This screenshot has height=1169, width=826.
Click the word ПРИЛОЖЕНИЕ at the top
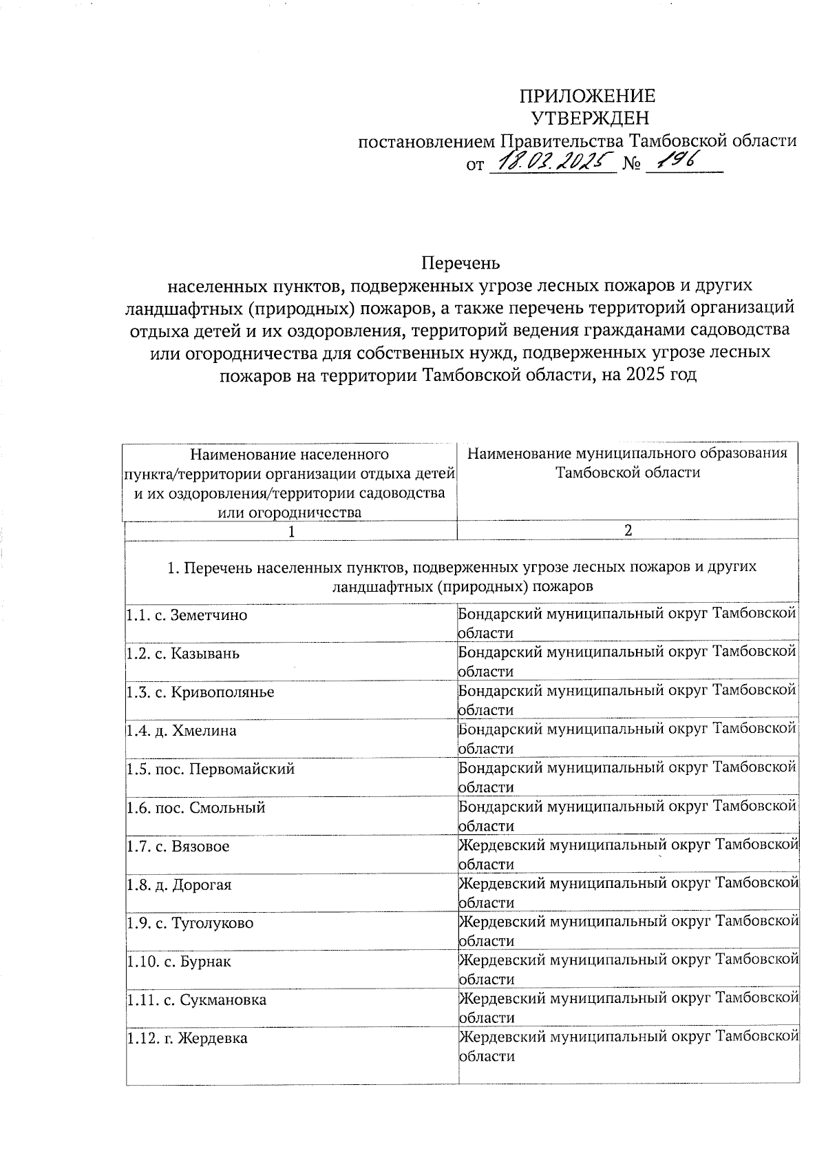586,96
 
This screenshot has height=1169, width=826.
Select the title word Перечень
460,263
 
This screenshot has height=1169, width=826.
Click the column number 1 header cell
291,531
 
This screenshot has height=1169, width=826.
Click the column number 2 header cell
627,530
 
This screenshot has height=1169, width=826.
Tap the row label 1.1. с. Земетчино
187,615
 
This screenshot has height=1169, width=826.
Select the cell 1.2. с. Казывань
183,653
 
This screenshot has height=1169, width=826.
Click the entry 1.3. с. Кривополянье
200,692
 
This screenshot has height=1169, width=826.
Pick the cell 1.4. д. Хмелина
181,730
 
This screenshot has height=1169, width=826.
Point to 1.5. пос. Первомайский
210,769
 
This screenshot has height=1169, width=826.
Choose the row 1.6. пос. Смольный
195,807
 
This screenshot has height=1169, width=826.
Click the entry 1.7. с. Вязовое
178,846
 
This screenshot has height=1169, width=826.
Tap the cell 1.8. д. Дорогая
179,884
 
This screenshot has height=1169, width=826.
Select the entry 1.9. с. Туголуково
189,923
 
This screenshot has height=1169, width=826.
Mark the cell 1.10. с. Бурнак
178,962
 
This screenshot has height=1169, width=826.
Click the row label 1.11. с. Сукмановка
196,1000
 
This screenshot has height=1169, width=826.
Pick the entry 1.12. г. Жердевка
187,1039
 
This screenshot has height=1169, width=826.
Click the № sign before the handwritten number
631,164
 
